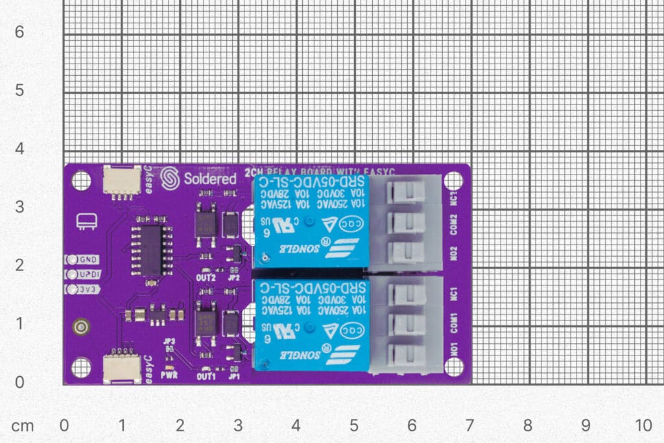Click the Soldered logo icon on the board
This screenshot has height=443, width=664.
pos(171,178)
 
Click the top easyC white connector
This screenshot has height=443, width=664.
pos(121,180)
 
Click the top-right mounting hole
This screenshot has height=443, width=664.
pos(453,180)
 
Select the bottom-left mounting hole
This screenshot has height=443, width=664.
pos(81,367)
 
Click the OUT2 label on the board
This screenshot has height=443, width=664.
pos(206,278)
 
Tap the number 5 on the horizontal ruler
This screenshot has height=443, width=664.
pos(353,425)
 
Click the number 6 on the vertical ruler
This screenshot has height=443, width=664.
pos(19,32)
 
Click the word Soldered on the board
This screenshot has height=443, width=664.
pos(210,179)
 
